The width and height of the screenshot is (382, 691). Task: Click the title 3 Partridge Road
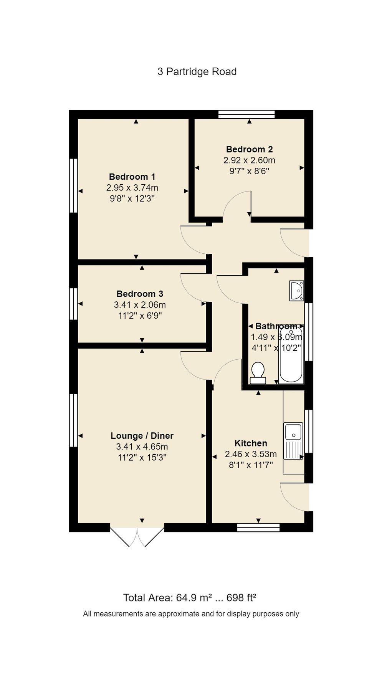[x=197, y=72]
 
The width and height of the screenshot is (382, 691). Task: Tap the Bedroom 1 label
[x=132, y=177]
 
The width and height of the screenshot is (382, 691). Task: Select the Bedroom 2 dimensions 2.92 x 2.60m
[x=249, y=160]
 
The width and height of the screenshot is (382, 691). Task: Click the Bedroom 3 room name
[x=140, y=294]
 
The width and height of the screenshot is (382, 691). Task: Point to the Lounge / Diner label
[x=142, y=436]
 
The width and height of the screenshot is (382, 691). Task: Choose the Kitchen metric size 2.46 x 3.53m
[x=251, y=455]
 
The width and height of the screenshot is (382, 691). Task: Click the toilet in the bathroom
[x=258, y=373]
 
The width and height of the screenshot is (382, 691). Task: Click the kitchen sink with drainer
[x=293, y=441]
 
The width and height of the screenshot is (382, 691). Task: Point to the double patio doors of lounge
[x=137, y=537]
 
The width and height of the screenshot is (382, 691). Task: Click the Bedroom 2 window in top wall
[x=246, y=114]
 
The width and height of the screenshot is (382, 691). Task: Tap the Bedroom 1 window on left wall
[x=73, y=185]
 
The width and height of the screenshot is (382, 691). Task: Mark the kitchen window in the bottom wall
[x=258, y=527]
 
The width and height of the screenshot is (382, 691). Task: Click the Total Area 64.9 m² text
[x=167, y=598]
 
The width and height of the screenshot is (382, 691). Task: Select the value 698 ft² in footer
[x=241, y=598]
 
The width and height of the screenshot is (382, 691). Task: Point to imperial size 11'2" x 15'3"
[x=142, y=458]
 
